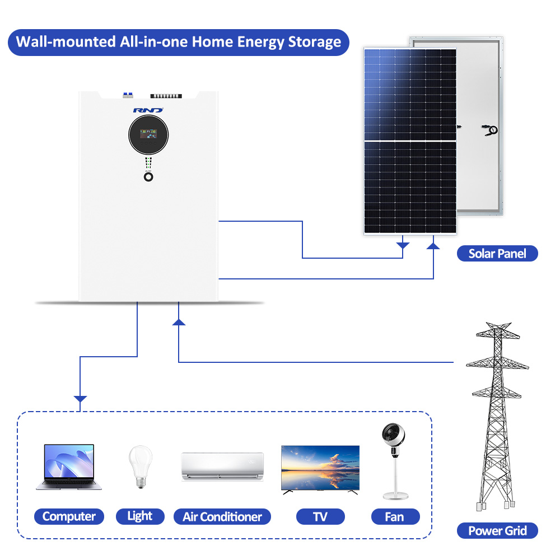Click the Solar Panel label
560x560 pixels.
click(x=497, y=254)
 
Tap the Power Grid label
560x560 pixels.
click(x=497, y=530)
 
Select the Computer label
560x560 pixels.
click(x=69, y=516)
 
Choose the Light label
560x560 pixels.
click(x=140, y=516)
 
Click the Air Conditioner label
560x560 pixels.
click(x=222, y=516)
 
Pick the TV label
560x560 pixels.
click(x=320, y=516)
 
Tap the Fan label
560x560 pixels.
click(x=394, y=516)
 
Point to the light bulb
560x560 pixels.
click(x=140, y=464)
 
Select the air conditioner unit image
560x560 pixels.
click(x=222, y=465)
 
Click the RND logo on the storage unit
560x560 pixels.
click(x=148, y=110)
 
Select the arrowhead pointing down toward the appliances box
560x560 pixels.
click(x=81, y=400)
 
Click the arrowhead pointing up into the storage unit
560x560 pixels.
click(x=179, y=321)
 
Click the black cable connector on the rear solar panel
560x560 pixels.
click(x=492, y=130)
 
